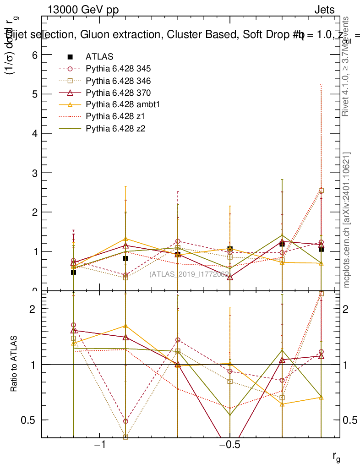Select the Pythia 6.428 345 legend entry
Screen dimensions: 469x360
(x=118, y=69)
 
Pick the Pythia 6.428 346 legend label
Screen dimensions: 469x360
(x=118, y=81)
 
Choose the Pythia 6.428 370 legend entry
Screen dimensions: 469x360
(x=118, y=93)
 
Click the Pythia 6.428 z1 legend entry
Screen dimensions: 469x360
(x=114, y=116)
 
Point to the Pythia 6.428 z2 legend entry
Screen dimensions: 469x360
(x=114, y=128)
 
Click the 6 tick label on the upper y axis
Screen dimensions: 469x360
(x=33, y=55)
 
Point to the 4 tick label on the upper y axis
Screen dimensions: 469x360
(x=33, y=133)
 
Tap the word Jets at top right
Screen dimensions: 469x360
(x=324, y=10)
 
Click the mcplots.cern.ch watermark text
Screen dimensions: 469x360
(x=347, y=220)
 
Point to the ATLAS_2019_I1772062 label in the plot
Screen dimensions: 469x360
(x=189, y=274)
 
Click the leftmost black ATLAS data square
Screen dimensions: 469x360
(x=73, y=272)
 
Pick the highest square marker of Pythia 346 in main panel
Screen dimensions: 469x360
(x=321, y=191)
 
